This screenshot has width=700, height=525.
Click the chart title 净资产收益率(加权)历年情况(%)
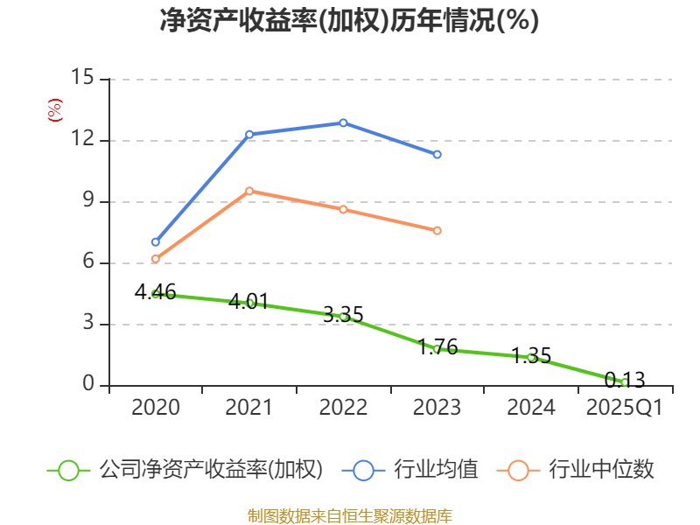click(x=349, y=21)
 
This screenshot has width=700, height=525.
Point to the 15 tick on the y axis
click(x=82, y=78)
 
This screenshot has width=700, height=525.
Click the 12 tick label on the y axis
click(x=82, y=140)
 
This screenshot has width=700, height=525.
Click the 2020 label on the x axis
click(x=156, y=408)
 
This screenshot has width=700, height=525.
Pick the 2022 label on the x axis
click(x=343, y=408)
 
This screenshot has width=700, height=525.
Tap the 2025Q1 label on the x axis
click(x=624, y=408)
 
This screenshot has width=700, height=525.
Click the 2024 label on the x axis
click(x=531, y=408)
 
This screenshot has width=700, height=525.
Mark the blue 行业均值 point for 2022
click(x=343, y=122)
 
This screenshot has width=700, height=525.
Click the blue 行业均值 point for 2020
click(x=156, y=241)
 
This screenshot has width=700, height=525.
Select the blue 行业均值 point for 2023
click(x=437, y=154)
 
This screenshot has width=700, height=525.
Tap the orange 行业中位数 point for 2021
click(x=249, y=191)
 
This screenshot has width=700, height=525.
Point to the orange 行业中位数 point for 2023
click(x=437, y=230)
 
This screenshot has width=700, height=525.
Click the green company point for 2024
click(x=531, y=357)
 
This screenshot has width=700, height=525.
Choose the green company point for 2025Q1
click(x=625, y=382)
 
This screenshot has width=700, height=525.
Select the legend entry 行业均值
click(x=415, y=470)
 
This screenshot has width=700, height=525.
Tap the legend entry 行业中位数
click(x=576, y=470)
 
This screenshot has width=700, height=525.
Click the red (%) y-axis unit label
click(x=55, y=111)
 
